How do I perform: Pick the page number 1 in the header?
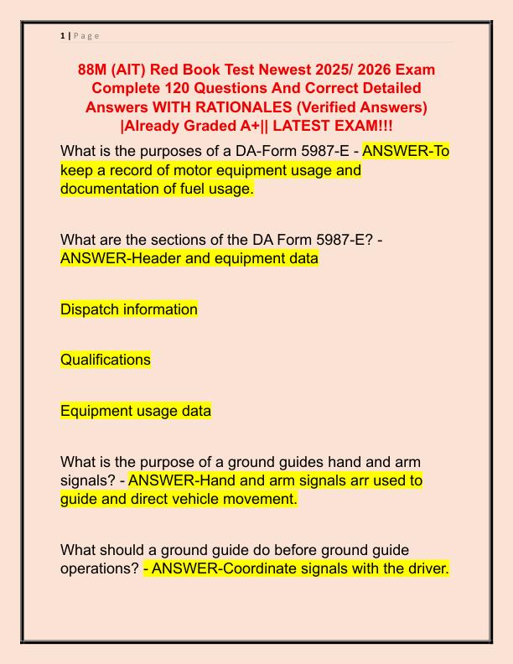[x=63, y=35]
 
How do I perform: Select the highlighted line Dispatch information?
[x=129, y=309]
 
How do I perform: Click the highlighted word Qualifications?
[x=106, y=360]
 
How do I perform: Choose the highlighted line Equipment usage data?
[x=136, y=411]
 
